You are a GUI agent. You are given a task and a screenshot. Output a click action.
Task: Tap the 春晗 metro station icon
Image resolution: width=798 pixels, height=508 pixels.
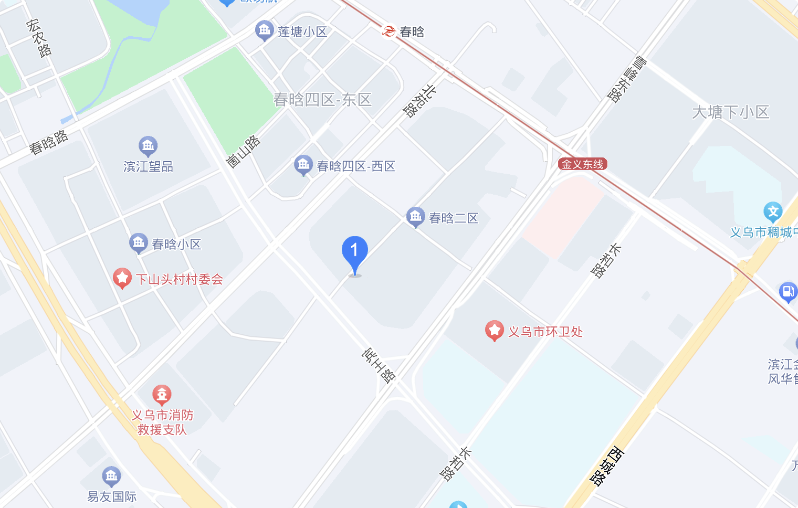(x=388, y=31)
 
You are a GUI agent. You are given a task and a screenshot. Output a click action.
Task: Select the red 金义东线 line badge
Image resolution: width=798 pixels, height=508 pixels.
(x=582, y=164)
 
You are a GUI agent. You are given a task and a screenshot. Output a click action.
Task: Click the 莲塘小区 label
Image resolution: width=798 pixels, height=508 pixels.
(x=302, y=32)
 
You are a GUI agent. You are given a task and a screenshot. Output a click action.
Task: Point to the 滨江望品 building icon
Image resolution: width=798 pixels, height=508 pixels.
(x=148, y=145)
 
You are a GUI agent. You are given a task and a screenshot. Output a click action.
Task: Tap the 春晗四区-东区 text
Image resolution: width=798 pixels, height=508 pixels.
(x=322, y=100)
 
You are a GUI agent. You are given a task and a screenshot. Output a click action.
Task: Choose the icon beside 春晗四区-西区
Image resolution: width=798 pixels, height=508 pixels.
(x=303, y=165)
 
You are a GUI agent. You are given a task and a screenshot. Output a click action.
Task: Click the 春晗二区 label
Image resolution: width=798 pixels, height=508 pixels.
(x=454, y=218)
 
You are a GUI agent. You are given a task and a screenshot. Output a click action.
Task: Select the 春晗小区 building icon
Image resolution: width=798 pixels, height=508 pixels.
(x=139, y=243)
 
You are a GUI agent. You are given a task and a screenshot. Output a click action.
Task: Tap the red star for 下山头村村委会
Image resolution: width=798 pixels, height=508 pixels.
(x=122, y=278)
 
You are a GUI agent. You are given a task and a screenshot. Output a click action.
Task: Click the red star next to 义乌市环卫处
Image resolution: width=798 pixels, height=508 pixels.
(x=494, y=331)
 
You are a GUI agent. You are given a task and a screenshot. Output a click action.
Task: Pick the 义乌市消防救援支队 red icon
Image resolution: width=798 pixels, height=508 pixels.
(x=162, y=394)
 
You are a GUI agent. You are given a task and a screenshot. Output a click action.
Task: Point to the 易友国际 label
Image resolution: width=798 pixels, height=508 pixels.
(x=112, y=496)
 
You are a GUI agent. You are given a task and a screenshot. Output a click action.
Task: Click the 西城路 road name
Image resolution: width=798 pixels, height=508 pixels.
(x=607, y=465)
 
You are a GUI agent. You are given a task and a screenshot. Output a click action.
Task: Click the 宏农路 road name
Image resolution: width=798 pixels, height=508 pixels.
(x=39, y=38)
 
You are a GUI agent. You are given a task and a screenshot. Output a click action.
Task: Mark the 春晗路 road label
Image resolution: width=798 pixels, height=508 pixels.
(x=48, y=142)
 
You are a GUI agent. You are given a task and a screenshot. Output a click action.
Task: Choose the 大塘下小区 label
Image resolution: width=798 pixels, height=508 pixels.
(x=730, y=112)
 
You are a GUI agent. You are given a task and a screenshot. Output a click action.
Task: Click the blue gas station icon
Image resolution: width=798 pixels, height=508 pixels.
(x=787, y=291)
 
